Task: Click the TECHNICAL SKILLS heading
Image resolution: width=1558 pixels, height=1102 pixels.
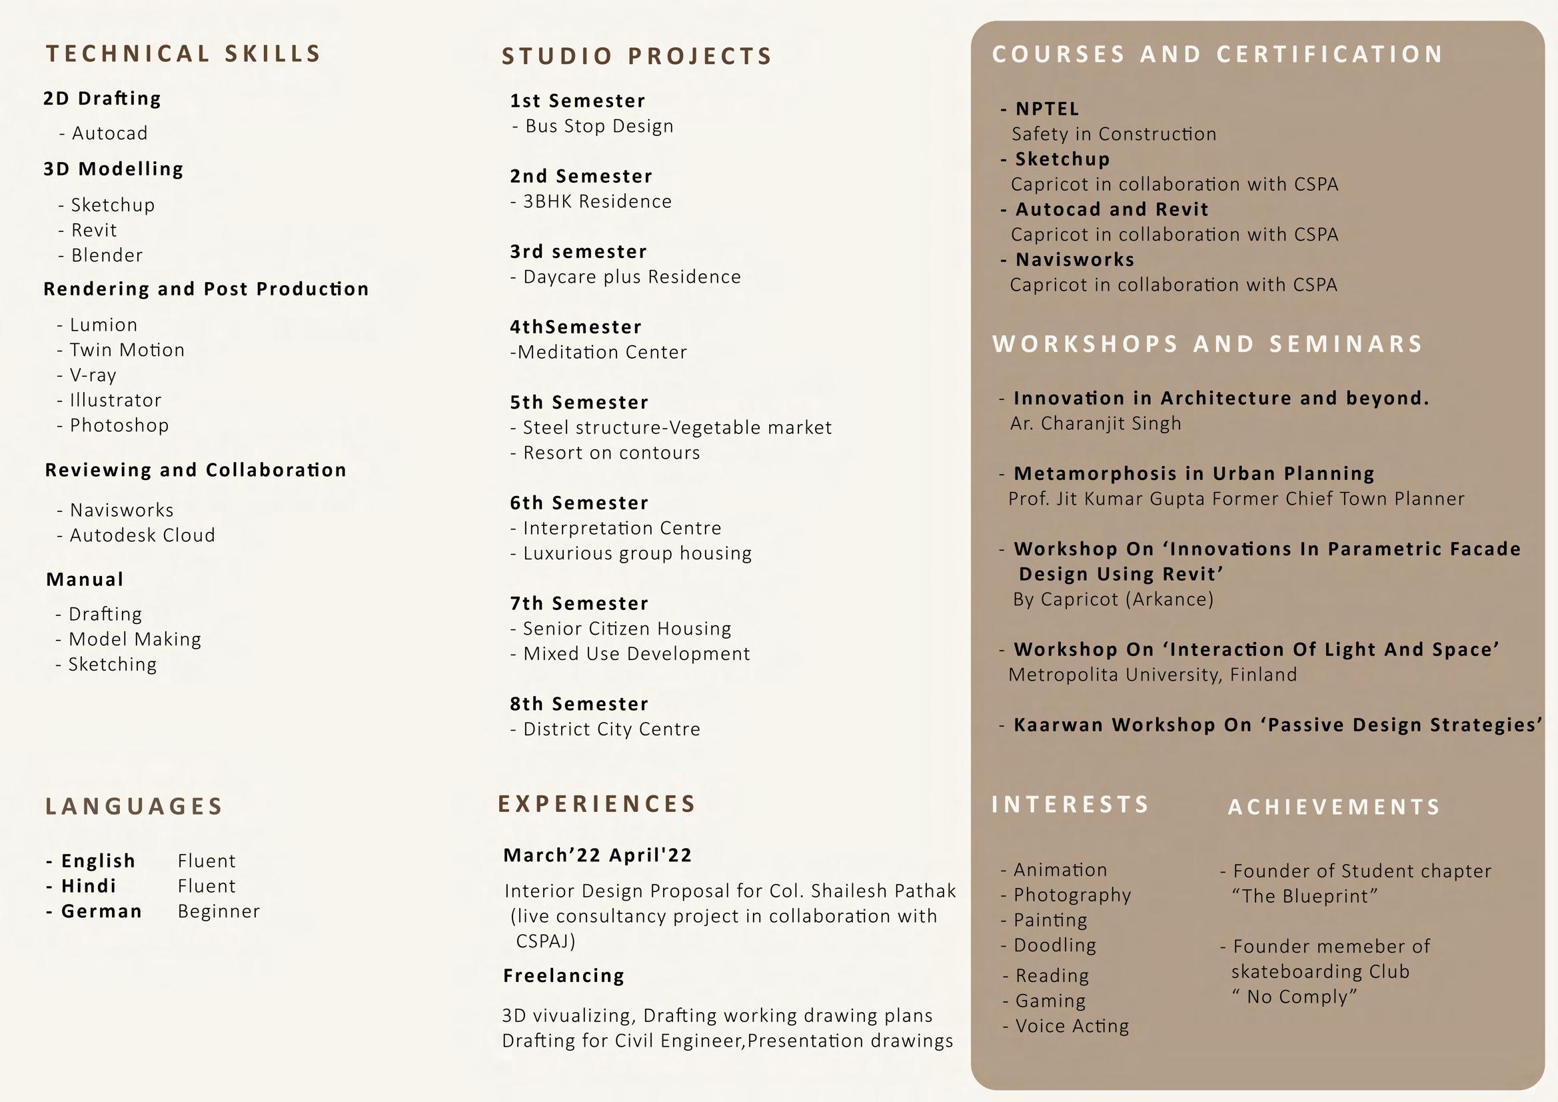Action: pos(183,54)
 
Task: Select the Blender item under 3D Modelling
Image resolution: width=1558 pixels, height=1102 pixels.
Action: pos(107,255)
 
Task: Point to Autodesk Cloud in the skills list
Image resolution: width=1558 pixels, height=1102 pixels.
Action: pos(142,535)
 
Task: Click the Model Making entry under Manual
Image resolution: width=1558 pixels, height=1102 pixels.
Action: pos(135,639)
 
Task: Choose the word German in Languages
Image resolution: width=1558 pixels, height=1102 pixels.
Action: pos(101,911)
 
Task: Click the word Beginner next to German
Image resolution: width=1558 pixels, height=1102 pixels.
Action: pos(219,911)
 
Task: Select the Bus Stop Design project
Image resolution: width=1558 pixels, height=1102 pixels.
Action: pos(598,126)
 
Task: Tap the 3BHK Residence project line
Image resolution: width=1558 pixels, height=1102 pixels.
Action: pos(596,201)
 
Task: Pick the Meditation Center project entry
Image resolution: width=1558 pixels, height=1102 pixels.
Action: pos(601,353)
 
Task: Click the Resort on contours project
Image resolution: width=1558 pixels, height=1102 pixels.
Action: pos(610,453)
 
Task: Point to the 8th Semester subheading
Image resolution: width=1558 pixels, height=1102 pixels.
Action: pos(579,704)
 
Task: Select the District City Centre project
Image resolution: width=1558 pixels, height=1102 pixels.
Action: pos(610,729)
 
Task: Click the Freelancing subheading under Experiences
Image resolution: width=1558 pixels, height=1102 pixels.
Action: pos(563,976)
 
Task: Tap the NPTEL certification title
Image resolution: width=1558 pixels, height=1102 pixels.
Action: pos(1046,109)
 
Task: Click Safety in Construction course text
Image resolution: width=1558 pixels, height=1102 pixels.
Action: pos(1114,135)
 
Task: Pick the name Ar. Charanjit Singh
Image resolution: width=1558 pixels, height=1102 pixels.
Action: pos(1096,424)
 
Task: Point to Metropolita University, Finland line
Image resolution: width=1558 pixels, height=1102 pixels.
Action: pos(1152,675)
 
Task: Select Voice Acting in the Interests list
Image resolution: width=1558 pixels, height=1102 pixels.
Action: pos(1072,1026)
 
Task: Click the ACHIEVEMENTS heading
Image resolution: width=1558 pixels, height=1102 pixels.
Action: pos(1334,807)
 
